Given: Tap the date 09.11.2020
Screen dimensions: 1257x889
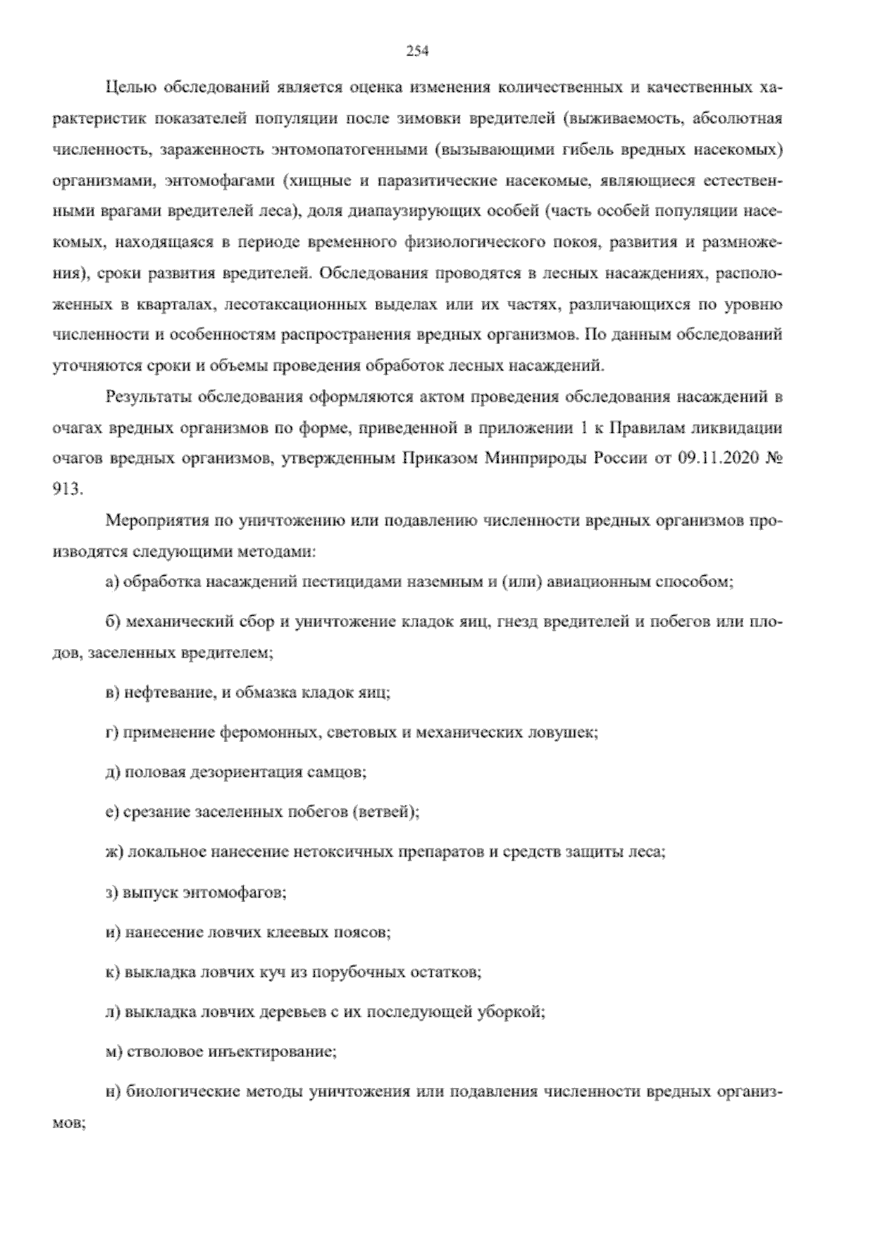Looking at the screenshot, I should (711, 458).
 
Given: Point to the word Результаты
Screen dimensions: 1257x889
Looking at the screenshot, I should (141, 397).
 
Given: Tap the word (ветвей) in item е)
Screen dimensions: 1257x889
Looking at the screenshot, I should (384, 812).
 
